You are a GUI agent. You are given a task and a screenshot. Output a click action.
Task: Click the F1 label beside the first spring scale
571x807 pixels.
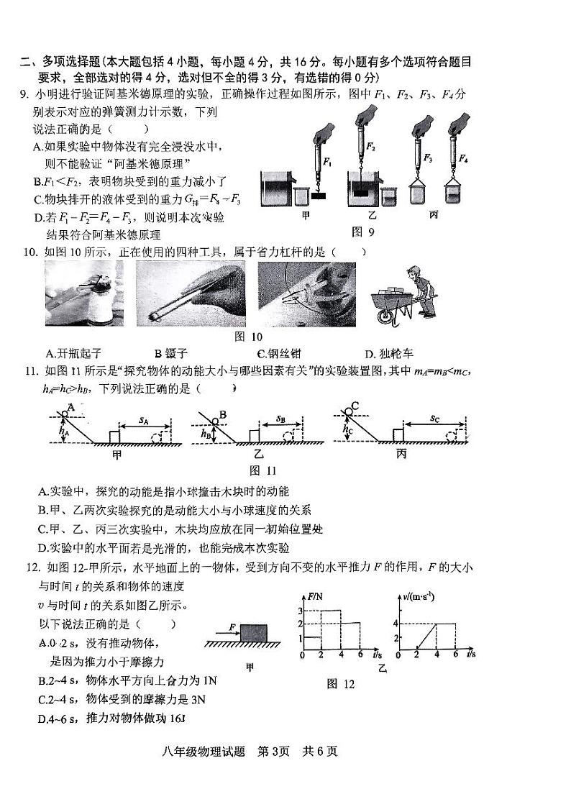pos(329,162)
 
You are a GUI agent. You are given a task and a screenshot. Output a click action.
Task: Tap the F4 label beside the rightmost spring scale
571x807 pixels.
pos(463,158)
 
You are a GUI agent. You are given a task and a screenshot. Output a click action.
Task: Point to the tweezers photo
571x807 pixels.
pos(190,293)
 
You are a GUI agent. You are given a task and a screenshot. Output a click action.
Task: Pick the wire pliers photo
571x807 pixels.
pos(306,293)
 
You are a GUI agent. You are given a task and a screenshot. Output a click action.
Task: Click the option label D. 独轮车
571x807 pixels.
pos(389,352)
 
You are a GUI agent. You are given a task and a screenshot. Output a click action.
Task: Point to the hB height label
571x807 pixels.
pos(206,434)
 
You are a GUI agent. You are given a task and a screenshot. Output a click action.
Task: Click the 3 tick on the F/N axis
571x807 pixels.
pos(300,610)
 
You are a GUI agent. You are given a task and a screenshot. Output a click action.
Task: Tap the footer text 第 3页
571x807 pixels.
pos(273,752)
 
